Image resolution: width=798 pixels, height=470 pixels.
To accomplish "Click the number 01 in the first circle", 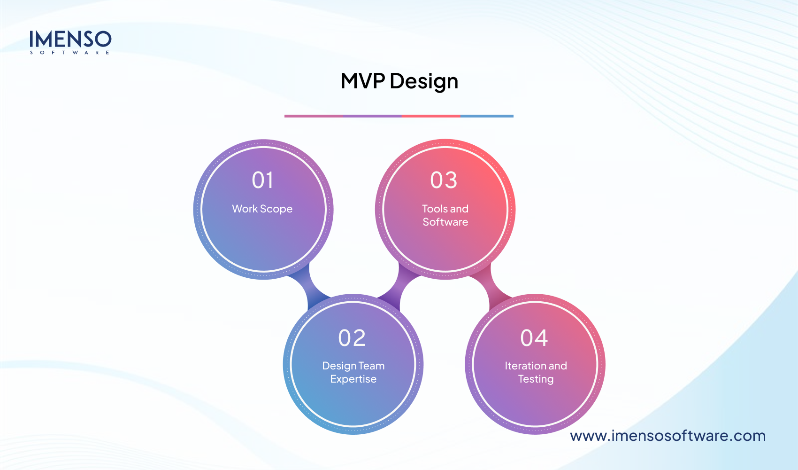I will click(262, 180).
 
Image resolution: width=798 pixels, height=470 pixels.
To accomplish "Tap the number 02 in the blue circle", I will click(352, 338).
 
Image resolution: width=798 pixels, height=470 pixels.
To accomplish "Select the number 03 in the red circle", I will click(444, 180).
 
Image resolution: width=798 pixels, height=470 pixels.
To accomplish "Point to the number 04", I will click(534, 338).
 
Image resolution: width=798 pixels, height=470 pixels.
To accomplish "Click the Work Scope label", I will click(262, 209).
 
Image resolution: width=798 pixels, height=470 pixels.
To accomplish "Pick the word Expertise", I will click(353, 379).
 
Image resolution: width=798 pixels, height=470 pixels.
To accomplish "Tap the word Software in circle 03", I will click(445, 222).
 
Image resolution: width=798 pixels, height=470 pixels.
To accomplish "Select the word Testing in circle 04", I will click(536, 379).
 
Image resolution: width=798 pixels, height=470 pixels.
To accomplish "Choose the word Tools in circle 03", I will click(435, 209).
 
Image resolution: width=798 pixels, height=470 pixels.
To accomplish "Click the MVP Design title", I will click(399, 81).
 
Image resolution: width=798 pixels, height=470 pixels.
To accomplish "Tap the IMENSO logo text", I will click(70, 39).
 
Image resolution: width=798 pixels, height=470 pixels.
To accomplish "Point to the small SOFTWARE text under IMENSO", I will click(70, 53).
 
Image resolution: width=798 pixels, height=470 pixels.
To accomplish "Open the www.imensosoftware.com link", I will click(668, 436).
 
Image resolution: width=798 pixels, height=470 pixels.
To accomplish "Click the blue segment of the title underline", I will click(487, 116).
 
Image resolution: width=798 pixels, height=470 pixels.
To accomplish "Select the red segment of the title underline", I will click(431, 116).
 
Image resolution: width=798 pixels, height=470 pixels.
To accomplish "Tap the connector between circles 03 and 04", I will click(490, 288).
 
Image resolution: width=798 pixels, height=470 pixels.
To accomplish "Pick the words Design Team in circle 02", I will click(353, 366).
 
